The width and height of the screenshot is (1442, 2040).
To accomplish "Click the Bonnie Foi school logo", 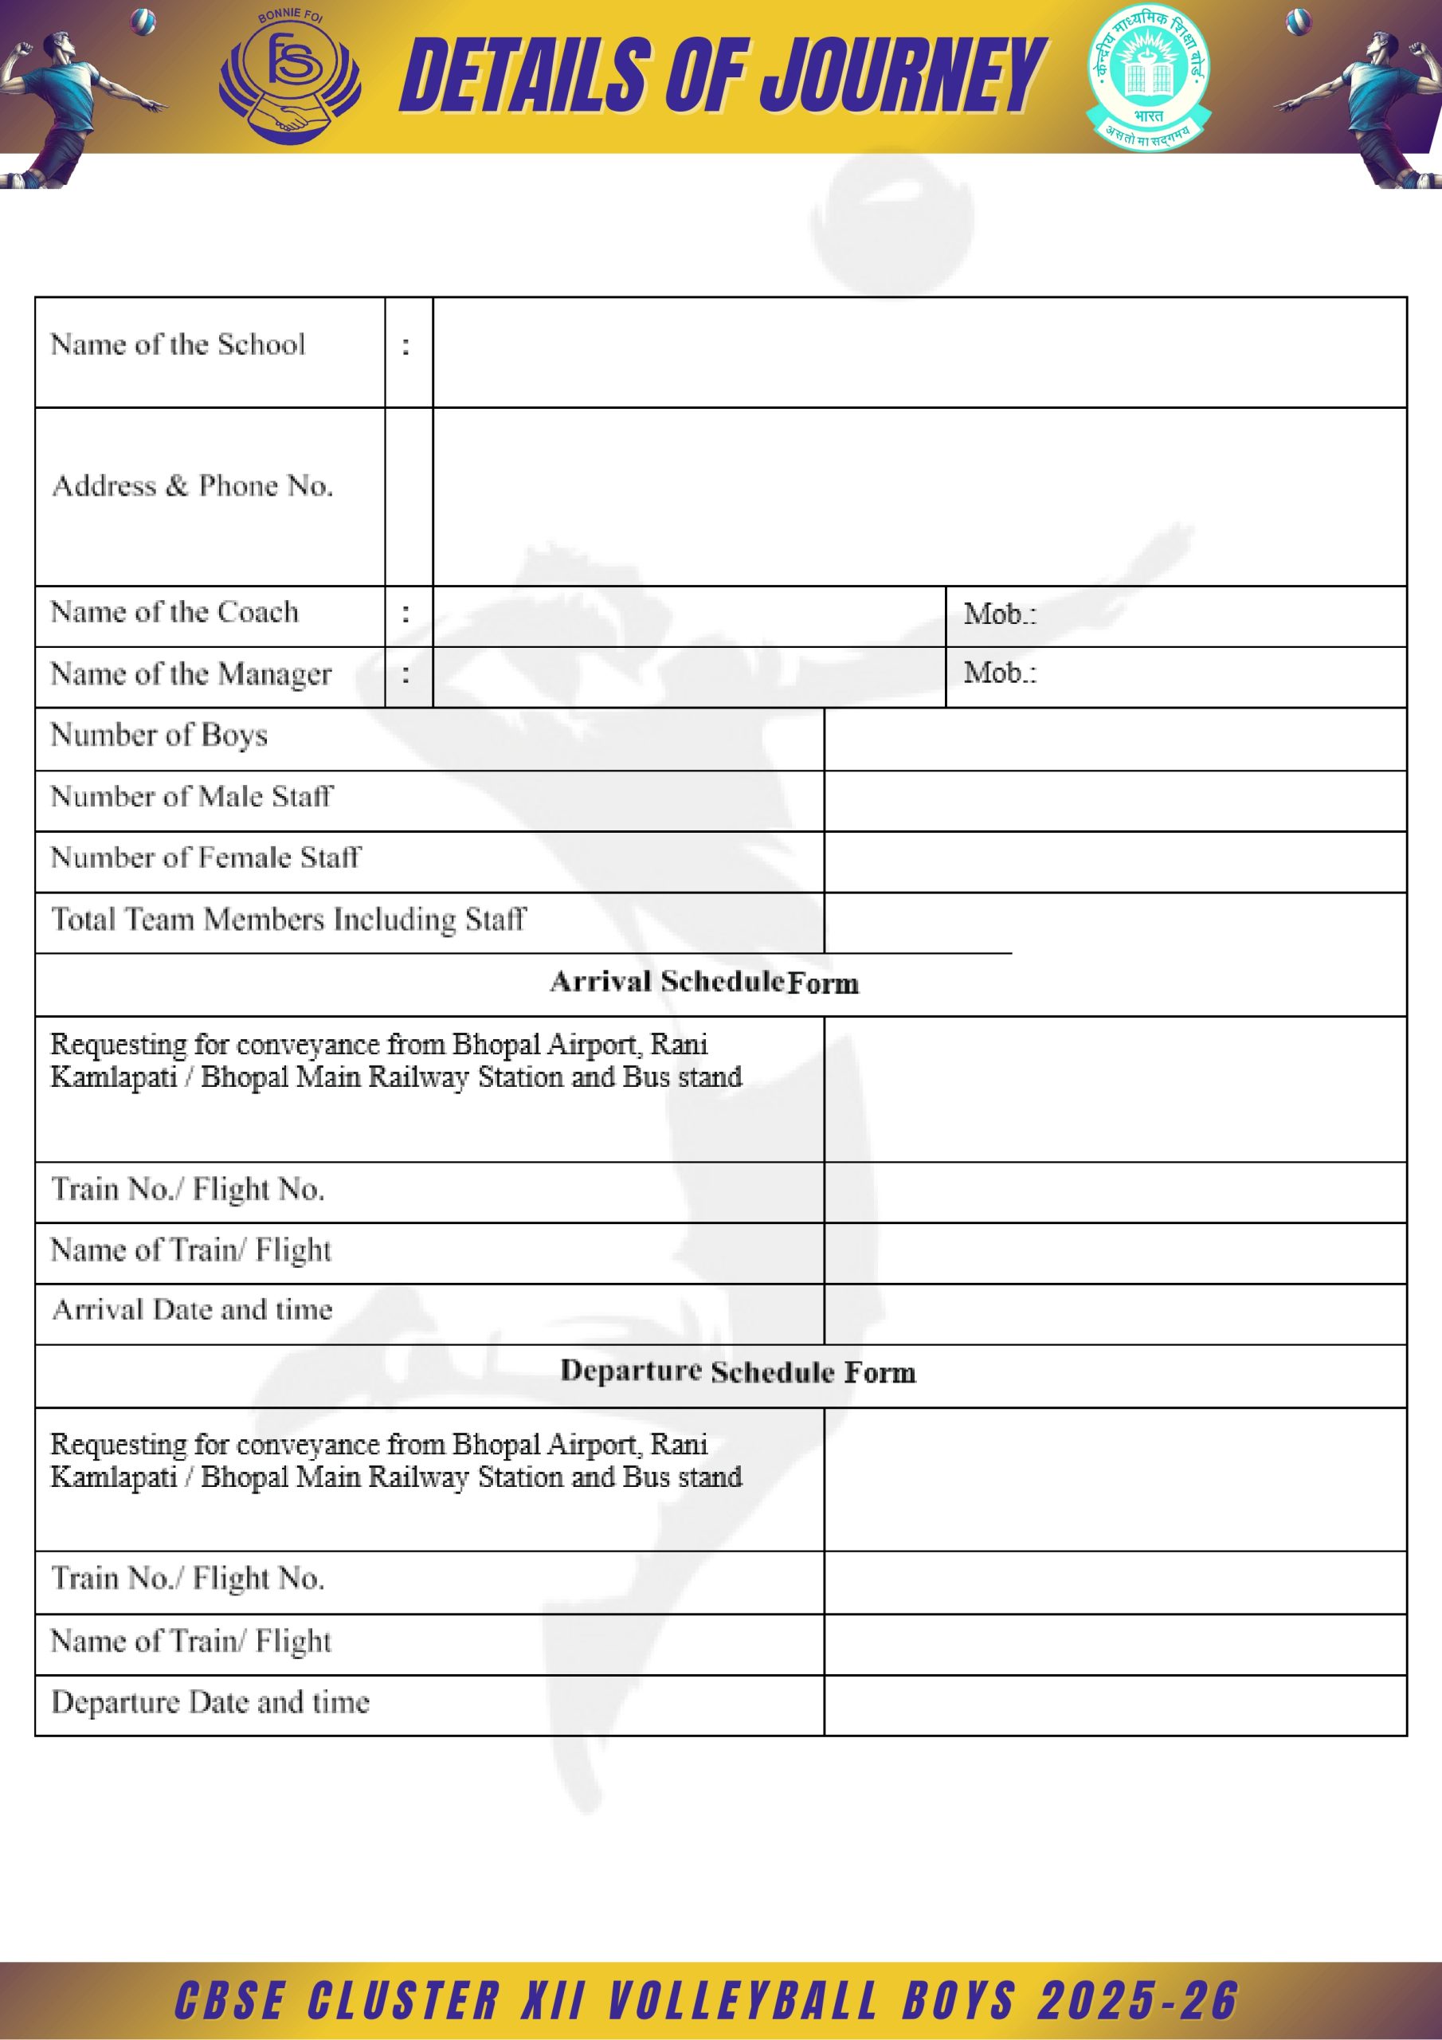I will (x=290, y=77).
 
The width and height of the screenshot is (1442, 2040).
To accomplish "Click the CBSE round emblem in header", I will (x=1149, y=77).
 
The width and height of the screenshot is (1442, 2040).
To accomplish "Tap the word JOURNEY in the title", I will (x=903, y=77).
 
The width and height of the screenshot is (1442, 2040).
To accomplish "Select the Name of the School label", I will (x=178, y=345).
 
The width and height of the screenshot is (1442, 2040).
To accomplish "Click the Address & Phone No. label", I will (x=193, y=486).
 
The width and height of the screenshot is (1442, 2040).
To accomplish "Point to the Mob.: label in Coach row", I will (x=1000, y=614).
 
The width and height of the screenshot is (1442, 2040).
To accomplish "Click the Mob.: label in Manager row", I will (x=1000, y=673).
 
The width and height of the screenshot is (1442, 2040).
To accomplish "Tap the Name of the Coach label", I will (x=175, y=612).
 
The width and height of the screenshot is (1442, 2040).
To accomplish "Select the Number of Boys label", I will (x=159, y=735).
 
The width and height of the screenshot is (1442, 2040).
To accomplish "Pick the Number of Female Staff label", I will (x=206, y=857).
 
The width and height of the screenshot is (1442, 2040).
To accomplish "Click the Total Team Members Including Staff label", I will (x=288, y=919).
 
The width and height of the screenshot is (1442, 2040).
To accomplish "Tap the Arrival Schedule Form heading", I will (x=703, y=982).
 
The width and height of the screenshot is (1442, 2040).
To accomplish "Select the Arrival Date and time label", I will (x=192, y=1309).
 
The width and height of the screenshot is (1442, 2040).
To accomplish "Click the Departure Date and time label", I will (x=210, y=1701).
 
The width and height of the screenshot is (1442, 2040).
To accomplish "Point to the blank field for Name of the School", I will (x=919, y=352).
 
